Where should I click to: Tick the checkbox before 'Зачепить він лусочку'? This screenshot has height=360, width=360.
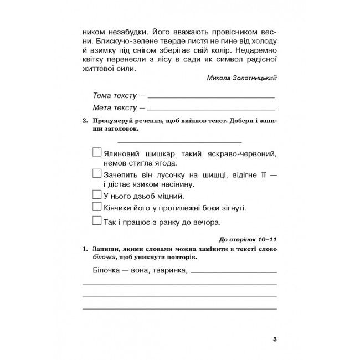[96, 174]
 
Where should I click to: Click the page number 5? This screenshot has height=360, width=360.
[275, 339]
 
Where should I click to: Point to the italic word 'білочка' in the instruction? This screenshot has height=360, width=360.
[104, 258]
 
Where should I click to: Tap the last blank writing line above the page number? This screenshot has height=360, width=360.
[180, 308]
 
